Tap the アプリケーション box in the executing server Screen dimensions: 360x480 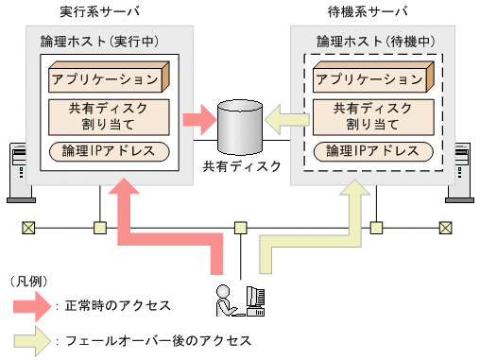(x=108, y=77)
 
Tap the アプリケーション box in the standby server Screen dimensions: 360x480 (x=371, y=77)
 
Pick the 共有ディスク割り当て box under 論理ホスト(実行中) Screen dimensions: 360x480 (x=107, y=115)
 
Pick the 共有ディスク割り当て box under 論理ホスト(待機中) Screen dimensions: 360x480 (x=371, y=115)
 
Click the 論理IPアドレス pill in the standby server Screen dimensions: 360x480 (x=371, y=151)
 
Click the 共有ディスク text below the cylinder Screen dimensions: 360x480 (x=242, y=167)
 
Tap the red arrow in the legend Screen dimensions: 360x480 (x=33, y=305)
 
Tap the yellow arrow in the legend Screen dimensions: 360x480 (x=33, y=339)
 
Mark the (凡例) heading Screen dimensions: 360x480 (x=28, y=282)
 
